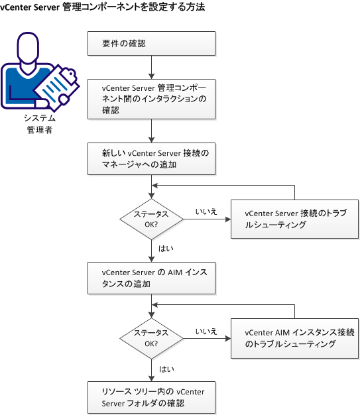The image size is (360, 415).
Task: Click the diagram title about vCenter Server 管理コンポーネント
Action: pyautogui.click(x=102, y=8)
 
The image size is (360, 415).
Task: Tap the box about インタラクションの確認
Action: pyautogui.click(x=152, y=99)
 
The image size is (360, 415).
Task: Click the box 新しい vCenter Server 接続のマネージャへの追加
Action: pyautogui.click(x=152, y=158)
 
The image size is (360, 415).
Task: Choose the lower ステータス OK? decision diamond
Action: pyautogui.click(x=152, y=339)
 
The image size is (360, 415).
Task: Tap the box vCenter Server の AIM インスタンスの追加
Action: pyautogui.click(x=152, y=278)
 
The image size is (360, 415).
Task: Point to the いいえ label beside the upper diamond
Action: pyautogui.click(x=206, y=211)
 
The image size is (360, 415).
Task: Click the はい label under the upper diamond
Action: pyautogui.click(x=166, y=248)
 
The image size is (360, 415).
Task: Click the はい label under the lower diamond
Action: pyautogui.click(x=166, y=367)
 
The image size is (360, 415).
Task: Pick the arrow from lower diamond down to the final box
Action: pyautogui.click(x=152, y=368)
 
